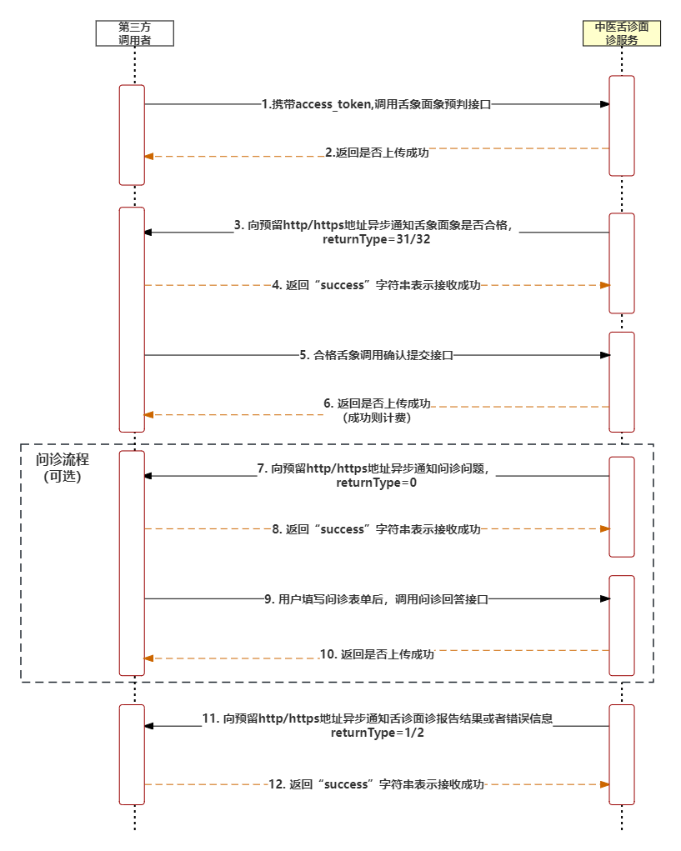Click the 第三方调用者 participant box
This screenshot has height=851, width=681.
134,33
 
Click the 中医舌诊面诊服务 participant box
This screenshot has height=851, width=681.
621,33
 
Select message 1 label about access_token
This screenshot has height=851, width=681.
376,104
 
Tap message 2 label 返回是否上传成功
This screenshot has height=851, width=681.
377,153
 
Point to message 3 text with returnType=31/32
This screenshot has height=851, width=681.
377,233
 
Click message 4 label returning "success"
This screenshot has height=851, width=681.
376,285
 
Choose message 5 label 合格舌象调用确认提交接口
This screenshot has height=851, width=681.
376,355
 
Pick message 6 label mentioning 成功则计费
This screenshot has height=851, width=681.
377,410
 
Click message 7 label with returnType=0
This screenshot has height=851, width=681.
376,476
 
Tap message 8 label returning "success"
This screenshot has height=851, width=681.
376,529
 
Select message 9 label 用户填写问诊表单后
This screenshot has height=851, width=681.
376,598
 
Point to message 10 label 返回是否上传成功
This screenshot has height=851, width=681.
378,654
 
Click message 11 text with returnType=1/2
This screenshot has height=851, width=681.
378,726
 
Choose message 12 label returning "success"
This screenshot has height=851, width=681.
376,784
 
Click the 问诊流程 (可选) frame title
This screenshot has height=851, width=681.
63,468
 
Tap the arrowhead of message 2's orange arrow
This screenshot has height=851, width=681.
149,157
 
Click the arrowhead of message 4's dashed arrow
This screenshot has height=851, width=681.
605,285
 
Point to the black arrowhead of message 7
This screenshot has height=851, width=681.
148,475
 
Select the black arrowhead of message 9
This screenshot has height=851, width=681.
605,598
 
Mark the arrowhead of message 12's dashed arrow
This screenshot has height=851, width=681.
605,784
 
